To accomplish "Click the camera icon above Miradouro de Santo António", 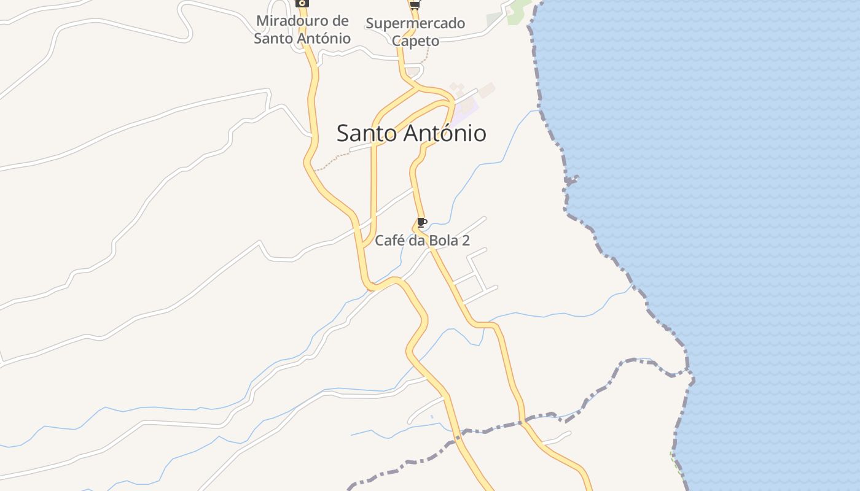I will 302,3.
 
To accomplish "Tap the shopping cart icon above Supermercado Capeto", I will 415,5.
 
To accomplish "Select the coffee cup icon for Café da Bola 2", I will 421,223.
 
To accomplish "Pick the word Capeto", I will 416,41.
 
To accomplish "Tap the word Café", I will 389,241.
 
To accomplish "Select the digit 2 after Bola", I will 466,241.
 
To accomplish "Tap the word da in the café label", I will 417,241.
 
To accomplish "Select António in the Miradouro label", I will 324,38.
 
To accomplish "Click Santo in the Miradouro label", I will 274,38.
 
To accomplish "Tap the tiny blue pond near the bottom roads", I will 432,417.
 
